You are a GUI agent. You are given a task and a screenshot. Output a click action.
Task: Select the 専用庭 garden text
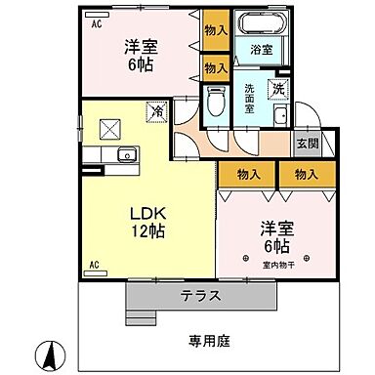click(209, 341)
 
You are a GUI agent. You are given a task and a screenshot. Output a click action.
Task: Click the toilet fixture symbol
click(217, 100)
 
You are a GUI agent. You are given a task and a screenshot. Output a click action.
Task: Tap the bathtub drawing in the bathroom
click(260, 26)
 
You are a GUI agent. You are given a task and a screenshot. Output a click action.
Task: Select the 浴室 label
click(260, 49)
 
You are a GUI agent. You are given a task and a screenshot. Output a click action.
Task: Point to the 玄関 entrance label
click(307, 142)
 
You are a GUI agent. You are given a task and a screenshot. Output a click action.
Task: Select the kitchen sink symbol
click(125, 155)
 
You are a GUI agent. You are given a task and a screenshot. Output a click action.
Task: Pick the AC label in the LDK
click(96, 265)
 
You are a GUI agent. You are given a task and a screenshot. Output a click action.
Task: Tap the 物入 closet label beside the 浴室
click(216, 29)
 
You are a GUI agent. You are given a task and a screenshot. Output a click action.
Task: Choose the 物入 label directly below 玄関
click(305, 174)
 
